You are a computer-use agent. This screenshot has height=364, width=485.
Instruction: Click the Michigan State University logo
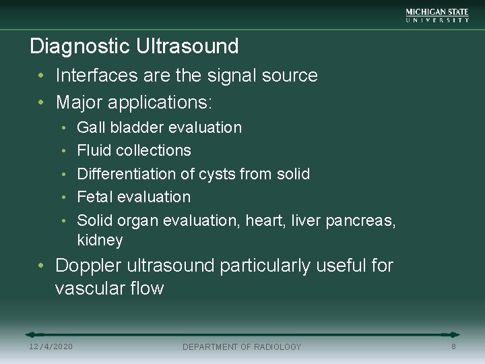coord(437,16)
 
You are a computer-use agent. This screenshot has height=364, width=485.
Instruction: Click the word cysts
coord(219,174)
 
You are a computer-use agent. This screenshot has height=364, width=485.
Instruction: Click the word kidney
coord(100,241)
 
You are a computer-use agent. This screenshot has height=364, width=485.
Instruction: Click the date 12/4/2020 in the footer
coord(51,346)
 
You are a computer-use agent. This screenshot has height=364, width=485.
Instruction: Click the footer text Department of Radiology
coord(242,346)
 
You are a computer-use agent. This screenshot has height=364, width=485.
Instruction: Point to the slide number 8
coord(453,346)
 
